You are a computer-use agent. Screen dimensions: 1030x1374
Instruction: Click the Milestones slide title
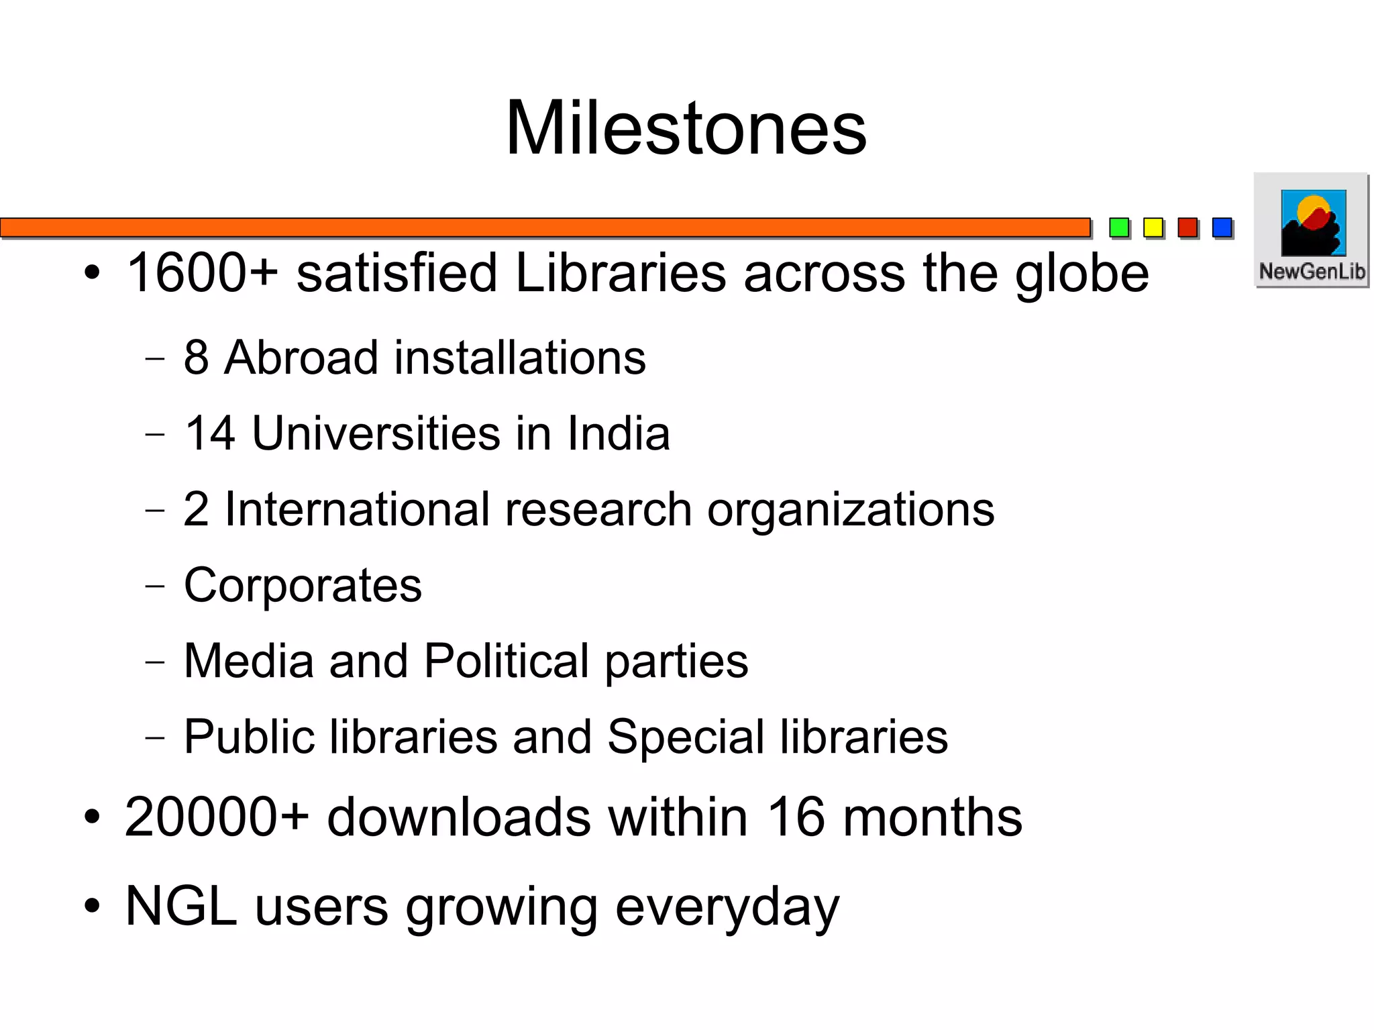point(686,128)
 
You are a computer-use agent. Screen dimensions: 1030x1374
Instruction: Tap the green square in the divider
point(1118,227)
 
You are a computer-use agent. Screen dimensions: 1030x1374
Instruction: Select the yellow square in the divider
point(1153,227)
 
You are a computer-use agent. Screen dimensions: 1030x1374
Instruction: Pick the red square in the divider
point(1187,227)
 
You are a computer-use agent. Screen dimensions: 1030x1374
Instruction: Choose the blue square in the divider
point(1222,227)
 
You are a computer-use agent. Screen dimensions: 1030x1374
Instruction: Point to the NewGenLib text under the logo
point(1312,272)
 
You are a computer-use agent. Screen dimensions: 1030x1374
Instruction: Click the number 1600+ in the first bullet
point(202,273)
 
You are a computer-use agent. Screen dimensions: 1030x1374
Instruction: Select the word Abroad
point(301,357)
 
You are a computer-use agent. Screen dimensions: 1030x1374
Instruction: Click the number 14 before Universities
point(209,433)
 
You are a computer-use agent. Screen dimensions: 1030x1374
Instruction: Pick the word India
point(618,433)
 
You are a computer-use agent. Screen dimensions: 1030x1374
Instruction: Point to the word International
point(356,509)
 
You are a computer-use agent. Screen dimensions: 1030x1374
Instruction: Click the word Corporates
point(303,585)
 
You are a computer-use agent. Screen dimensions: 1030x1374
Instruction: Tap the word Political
point(507,661)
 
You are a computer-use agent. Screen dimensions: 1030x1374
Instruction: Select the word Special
point(686,737)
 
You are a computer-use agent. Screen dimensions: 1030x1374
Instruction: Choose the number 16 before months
point(795,817)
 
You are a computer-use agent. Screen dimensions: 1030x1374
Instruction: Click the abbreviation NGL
point(181,907)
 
